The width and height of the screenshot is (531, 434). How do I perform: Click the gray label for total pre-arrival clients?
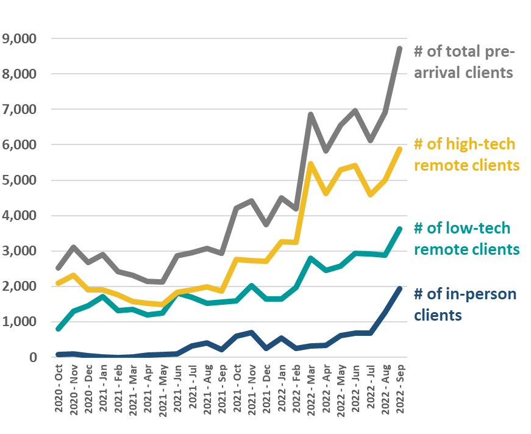coord(463,62)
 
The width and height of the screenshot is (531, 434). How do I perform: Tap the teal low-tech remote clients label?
coord(466,239)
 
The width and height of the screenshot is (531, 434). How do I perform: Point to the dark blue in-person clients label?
coord(465,305)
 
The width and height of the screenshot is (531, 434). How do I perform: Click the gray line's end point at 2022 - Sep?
coord(399,48)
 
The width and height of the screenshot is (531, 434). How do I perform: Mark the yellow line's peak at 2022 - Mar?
coord(311,163)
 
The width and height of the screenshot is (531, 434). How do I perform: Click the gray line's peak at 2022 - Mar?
coord(311,113)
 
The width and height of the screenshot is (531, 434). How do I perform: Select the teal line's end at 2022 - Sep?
coord(399,229)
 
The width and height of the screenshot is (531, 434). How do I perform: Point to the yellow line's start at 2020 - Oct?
coord(58,283)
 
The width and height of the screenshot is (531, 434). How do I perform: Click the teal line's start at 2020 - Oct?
coord(58,329)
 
